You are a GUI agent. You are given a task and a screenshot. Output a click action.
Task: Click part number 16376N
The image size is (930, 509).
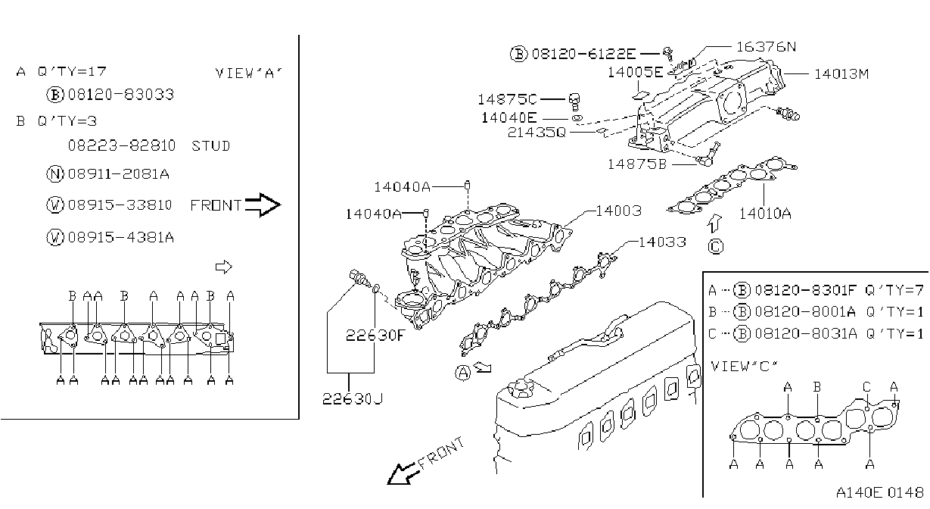click(766, 47)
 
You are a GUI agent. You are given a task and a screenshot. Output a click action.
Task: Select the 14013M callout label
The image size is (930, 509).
click(841, 74)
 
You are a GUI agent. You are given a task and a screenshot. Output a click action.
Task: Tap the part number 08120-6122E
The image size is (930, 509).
click(583, 54)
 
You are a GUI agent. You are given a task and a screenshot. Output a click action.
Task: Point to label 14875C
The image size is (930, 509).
click(507, 99)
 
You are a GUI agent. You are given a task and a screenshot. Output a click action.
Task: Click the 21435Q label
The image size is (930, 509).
click(537, 133)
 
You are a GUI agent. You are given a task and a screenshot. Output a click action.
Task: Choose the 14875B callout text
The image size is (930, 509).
click(636, 164)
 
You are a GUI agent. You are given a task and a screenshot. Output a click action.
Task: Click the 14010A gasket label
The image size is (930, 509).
click(765, 214)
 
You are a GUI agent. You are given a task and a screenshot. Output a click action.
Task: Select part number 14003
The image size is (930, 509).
click(619, 211)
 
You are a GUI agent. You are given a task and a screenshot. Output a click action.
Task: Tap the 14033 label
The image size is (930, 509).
click(662, 242)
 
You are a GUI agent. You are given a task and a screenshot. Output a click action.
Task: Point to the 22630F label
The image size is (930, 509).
click(375, 335)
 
